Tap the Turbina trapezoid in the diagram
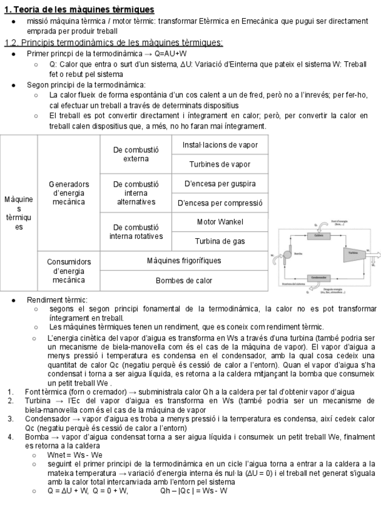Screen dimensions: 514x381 (x=352, y=252)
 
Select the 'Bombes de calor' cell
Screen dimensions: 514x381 (x=183, y=281)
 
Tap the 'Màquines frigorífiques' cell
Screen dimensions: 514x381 (x=183, y=261)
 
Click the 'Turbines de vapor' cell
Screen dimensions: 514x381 (x=220, y=164)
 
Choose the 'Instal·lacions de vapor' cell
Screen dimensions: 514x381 (x=220, y=145)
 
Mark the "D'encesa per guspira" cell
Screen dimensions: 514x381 (x=220, y=183)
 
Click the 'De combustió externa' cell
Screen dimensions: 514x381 (x=136, y=154)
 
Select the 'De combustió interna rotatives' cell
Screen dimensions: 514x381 (x=136, y=232)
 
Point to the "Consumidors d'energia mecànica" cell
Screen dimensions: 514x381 (x=69, y=271)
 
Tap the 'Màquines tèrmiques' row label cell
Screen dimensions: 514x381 (x=19, y=213)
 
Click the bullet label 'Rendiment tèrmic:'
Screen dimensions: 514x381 (x=57, y=299)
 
